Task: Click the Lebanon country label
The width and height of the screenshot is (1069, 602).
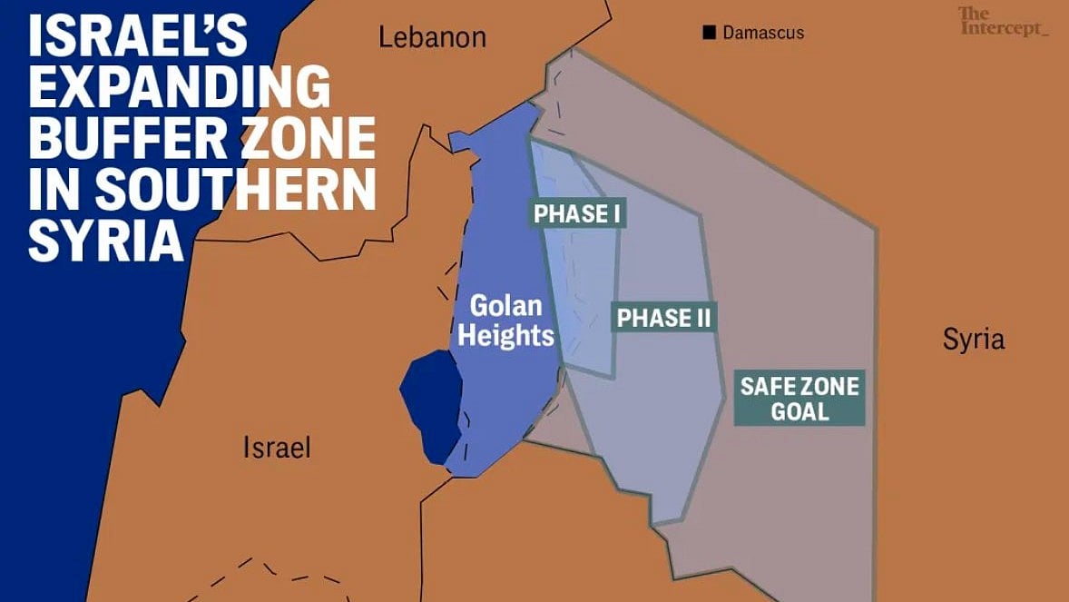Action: pos(432,37)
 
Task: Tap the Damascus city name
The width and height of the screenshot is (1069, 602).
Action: pos(763,33)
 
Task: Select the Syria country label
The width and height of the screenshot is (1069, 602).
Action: pos(974,340)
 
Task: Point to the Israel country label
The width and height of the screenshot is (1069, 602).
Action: pos(277,447)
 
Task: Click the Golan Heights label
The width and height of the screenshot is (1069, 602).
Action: pos(505,321)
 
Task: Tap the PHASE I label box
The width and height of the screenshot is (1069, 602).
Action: pos(576,214)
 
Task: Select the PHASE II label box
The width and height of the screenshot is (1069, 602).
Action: pos(664,318)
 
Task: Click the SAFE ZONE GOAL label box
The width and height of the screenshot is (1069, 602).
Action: pos(799,399)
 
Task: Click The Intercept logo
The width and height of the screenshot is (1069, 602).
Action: pos(1003,22)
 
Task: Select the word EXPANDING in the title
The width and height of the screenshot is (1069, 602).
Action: pos(179,89)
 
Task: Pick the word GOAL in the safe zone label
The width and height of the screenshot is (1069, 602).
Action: pos(799,411)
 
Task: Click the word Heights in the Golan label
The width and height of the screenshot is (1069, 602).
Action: pos(505,336)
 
